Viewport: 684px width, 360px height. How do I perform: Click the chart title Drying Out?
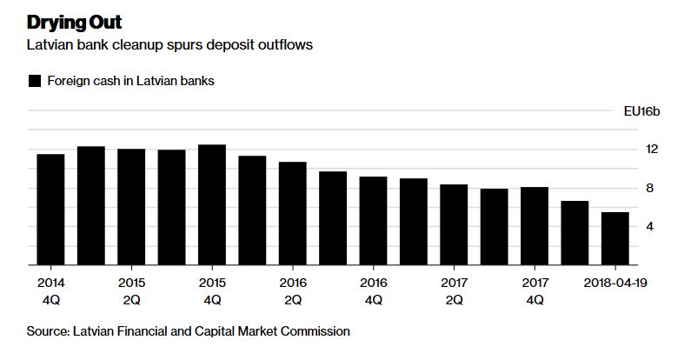pyautogui.click(x=74, y=23)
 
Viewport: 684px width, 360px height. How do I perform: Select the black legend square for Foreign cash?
pyautogui.click(x=35, y=81)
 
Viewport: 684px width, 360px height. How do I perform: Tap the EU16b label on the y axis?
pyautogui.click(x=641, y=111)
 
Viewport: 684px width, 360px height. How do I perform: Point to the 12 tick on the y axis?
pyautogui.click(x=652, y=150)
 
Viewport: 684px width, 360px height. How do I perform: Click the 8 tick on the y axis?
pyautogui.click(x=650, y=188)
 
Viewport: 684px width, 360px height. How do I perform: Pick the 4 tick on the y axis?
pyautogui.click(x=650, y=226)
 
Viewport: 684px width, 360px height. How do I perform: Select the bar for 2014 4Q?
pyautogui.click(x=50, y=210)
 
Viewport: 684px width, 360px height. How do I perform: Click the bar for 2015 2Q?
pyautogui.click(x=131, y=207)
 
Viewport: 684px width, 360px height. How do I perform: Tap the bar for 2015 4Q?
pyautogui.click(x=212, y=204)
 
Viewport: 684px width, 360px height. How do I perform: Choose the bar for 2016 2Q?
pyautogui.click(x=293, y=213)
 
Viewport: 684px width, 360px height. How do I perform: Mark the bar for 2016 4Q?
pyautogui.click(x=374, y=221)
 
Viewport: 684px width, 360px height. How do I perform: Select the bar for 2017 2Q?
pyautogui.click(x=454, y=224)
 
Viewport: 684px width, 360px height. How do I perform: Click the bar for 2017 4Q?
pyautogui.click(x=535, y=226)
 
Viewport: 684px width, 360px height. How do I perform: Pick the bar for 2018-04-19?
pyautogui.click(x=615, y=238)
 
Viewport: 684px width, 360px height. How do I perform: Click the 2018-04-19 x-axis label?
pyautogui.click(x=615, y=283)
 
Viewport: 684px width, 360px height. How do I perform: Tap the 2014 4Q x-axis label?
pyautogui.click(x=51, y=291)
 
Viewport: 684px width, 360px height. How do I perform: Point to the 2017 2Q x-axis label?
pyautogui.click(x=454, y=291)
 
